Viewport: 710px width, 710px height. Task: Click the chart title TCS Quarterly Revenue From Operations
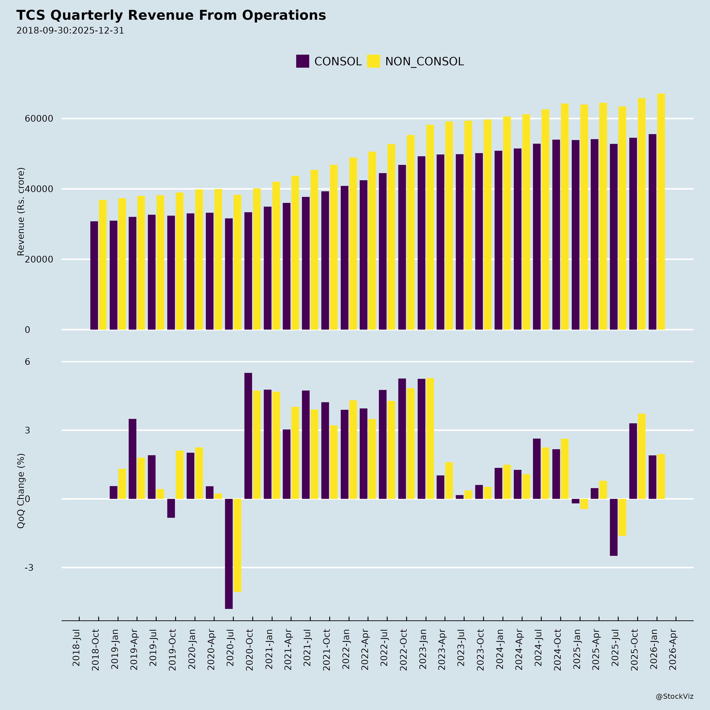coord(171,15)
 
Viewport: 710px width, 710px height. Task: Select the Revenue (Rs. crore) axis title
coord(21,212)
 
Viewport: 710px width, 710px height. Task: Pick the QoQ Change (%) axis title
coord(21,491)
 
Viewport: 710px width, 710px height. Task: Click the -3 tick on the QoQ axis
coord(29,568)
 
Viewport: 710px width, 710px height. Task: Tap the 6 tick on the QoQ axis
coord(28,362)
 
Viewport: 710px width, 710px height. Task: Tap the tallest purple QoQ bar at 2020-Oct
coord(248,436)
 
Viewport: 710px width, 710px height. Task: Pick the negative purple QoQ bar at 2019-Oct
coord(171,508)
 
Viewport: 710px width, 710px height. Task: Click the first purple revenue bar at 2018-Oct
coord(94,276)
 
